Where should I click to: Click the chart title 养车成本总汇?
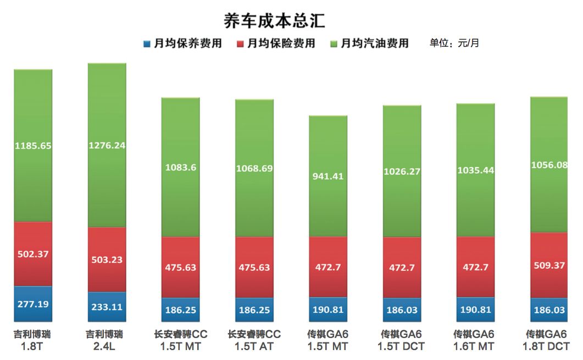click(274, 20)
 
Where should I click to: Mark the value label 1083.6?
click(180, 168)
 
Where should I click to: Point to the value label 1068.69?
click(254, 168)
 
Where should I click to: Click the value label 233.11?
click(107, 308)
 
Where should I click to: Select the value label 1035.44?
click(476, 170)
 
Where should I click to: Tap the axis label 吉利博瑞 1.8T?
click(32, 340)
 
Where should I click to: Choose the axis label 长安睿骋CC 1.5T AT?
click(254, 340)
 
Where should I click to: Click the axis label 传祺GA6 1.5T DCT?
click(402, 340)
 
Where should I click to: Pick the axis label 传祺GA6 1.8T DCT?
click(547, 340)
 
